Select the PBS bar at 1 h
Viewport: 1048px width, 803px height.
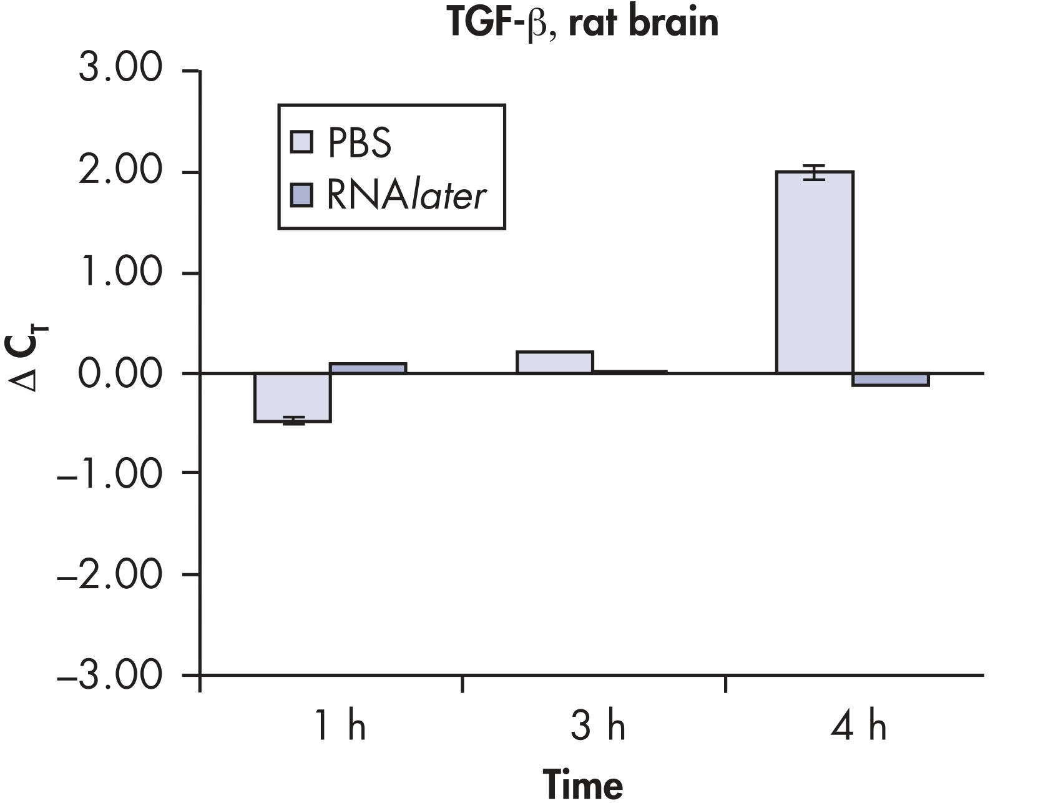click(292, 398)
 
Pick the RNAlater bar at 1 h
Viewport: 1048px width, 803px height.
click(368, 368)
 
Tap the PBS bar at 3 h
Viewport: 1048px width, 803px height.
click(554, 362)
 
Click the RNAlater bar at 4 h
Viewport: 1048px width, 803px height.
click(891, 379)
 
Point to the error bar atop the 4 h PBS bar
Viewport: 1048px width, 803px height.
click(814, 172)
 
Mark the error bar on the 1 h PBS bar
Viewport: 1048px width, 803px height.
click(293, 420)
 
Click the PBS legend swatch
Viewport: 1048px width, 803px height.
click(301, 142)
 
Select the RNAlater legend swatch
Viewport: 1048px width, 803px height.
click(301, 195)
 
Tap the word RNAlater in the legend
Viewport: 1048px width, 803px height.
click(406, 196)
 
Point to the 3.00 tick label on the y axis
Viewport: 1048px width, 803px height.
click(120, 69)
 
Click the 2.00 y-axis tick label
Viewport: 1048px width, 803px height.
click(120, 171)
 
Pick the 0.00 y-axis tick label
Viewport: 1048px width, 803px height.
click(120, 373)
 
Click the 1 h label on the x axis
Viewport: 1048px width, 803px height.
click(340, 727)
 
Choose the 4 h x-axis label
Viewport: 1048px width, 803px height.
click(859, 727)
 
